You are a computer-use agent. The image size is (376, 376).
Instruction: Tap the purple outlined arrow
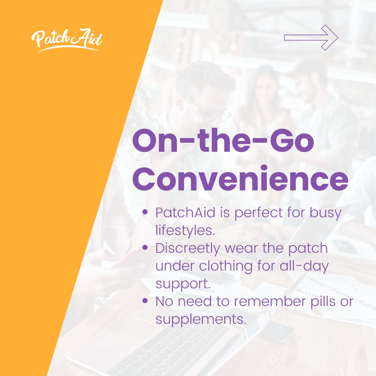[x=311, y=38]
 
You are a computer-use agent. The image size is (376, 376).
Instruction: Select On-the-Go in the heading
[x=223, y=141]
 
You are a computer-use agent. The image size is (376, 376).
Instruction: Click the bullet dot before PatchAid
[x=145, y=212]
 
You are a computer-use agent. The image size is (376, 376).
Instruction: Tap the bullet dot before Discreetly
[x=145, y=248]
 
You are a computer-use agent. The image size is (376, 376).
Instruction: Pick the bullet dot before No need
[x=145, y=301]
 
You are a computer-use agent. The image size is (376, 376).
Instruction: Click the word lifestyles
[x=185, y=230]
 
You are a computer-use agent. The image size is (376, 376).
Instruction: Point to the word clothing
[x=226, y=266]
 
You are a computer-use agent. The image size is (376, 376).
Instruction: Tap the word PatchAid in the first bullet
[x=185, y=212]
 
